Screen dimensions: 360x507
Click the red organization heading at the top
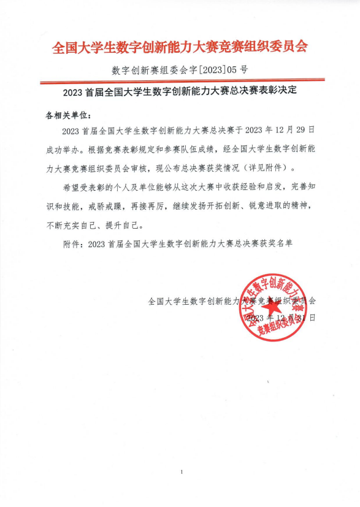coord(180,47)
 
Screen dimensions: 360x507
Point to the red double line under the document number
coord(180,82)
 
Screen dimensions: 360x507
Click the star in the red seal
coord(271,302)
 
